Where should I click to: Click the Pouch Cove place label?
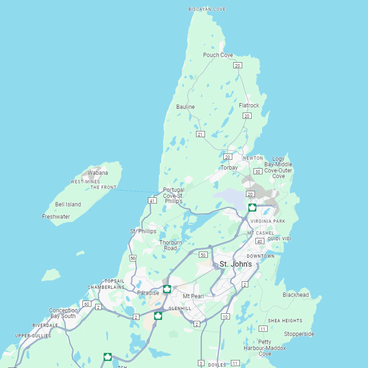click(x=218, y=55)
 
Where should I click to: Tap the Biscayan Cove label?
click(x=207, y=9)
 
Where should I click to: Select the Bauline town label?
click(x=185, y=107)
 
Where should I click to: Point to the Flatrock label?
click(x=249, y=106)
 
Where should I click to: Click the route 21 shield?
click(x=201, y=134)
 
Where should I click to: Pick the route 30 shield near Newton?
click(x=258, y=172)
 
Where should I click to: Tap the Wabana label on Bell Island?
click(x=98, y=173)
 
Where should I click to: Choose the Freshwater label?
click(x=56, y=217)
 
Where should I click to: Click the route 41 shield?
click(x=152, y=201)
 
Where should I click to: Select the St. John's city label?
click(x=236, y=264)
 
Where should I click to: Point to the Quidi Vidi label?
click(x=279, y=239)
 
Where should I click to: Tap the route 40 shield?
click(x=259, y=241)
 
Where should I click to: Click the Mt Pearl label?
click(x=193, y=296)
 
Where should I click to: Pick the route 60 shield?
click(x=87, y=304)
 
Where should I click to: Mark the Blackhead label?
click(x=295, y=295)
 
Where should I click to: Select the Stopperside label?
click(x=299, y=334)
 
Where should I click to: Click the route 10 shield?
click(x=226, y=317)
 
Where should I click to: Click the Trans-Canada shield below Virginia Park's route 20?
click(x=252, y=207)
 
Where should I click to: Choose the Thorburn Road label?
click(x=171, y=245)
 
